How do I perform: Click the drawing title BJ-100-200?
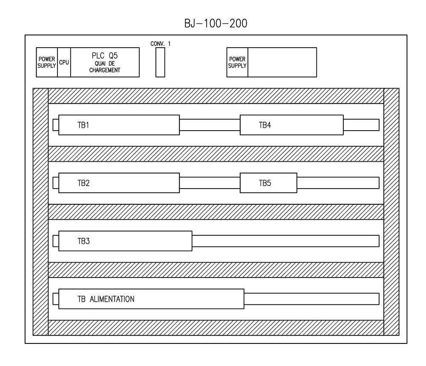[x=216, y=23]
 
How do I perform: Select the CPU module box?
[x=64, y=62]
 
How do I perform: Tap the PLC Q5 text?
[x=105, y=55]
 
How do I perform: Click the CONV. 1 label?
[x=161, y=43]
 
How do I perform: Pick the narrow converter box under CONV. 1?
[x=160, y=62]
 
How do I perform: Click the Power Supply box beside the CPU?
[x=47, y=62]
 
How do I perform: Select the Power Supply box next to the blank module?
[x=237, y=62]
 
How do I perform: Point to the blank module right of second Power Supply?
[x=282, y=62]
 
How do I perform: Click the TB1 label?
[x=83, y=126]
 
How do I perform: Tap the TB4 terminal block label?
[x=265, y=126]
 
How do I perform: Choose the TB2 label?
[x=83, y=183]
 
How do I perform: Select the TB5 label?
[x=265, y=183]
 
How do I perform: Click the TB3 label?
[x=83, y=241]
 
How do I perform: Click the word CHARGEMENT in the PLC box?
[x=105, y=70]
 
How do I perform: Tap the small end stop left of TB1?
[x=55, y=125]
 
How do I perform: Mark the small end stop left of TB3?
[x=55, y=241]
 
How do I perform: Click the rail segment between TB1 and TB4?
[x=210, y=125]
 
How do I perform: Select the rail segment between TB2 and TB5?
[x=210, y=183]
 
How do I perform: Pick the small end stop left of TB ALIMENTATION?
[x=55, y=299]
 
